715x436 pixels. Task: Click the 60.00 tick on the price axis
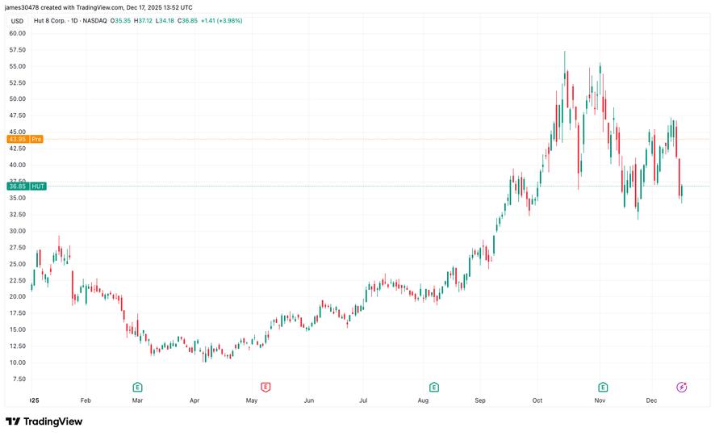[x=17, y=33]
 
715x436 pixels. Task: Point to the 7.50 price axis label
[x=17, y=379]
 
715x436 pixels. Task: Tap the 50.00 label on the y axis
[x=17, y=99]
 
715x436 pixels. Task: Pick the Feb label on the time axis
[x=86, y=400]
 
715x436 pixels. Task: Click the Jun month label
[x=308, y=400]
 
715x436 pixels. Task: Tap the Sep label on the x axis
[x=480, y=400]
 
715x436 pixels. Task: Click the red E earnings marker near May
[x=265, y=388]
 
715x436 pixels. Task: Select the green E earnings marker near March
[x=137, y=388]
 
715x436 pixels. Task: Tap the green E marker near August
[x=434, y=388]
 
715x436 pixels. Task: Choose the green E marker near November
[x=602, y=388]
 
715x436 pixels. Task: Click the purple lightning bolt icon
[x=682, y=388]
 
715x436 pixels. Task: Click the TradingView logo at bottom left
[x=44, y=421]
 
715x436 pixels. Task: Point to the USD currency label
[x=16, y=20]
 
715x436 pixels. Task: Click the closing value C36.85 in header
[x=189, y=20]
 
